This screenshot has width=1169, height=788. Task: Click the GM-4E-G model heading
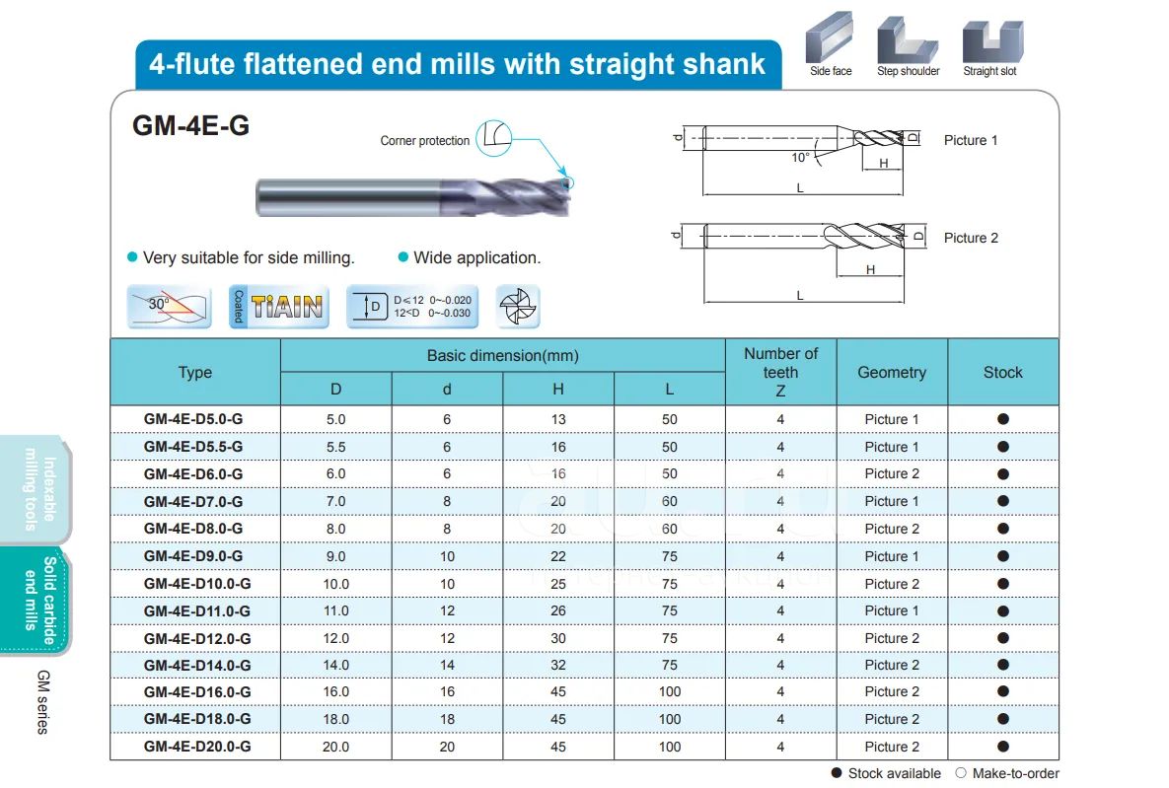pos(190,125)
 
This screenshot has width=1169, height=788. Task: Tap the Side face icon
pos(830,37)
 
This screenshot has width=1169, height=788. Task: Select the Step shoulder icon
pos(908,40)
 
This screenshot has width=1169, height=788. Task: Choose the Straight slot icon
pos(992,41)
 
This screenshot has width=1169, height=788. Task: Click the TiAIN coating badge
pos(279,307)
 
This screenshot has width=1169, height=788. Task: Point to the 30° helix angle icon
pos(170,307)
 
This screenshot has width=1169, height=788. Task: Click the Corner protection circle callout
pos(493,138)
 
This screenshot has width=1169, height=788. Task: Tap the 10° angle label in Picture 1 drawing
pos(800,157)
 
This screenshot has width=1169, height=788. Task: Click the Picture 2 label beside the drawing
pos(971,238)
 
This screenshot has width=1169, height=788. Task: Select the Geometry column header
pos(892,372)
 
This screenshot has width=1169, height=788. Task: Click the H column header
pos(557,390)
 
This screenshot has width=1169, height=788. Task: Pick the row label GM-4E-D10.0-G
pos(197,584)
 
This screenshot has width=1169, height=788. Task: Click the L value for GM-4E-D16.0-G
pos(670,691)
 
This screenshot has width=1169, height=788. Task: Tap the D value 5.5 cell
pos(335,447)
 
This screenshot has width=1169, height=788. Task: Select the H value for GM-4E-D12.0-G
pos(557,638)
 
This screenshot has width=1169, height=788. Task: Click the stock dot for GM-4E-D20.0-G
pos(1002,747)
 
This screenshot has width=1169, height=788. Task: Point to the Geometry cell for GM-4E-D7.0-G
pos(892,501)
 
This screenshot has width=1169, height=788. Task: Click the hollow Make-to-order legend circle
pos(961,773)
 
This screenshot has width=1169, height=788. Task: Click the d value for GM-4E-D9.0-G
pos(447,556)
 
